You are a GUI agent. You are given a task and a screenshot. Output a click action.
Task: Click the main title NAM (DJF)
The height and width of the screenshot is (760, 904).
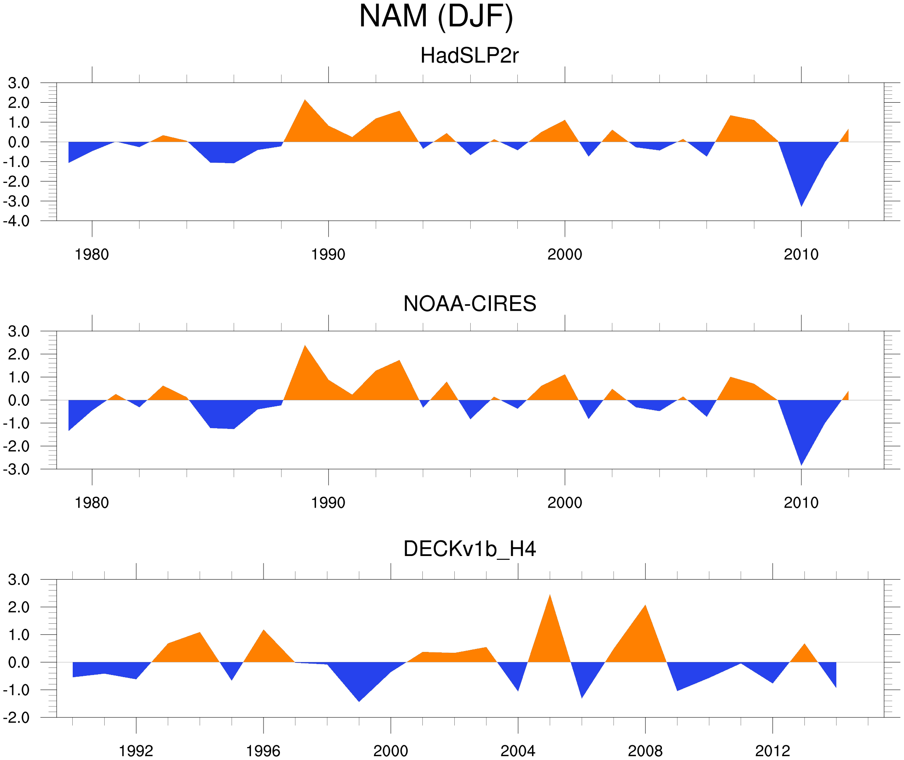point(436,16)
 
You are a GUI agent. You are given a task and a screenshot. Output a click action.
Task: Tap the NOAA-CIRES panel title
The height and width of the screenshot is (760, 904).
point(469,304)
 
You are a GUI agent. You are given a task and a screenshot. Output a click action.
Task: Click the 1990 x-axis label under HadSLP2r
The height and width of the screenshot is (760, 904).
point(328,254)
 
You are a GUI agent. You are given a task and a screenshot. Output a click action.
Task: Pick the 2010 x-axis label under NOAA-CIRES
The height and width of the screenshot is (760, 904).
point(801,503)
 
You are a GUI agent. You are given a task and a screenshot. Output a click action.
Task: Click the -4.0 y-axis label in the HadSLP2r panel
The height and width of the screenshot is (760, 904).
point(16,221)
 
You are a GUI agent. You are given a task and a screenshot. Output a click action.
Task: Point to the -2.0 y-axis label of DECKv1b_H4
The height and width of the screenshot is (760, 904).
point(16,718)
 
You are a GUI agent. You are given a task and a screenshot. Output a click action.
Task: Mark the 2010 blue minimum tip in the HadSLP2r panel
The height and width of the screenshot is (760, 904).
point(801,206)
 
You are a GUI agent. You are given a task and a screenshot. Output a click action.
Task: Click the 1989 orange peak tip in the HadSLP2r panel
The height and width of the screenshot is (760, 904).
point(305,100)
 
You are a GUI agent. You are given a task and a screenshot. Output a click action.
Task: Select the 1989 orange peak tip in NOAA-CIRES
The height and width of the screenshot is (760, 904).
point(305,346)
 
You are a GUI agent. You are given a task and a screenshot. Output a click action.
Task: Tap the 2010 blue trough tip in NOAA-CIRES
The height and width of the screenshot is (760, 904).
point(801,465)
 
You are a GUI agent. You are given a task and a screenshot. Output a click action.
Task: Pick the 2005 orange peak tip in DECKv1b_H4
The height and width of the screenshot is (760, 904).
point(550,595)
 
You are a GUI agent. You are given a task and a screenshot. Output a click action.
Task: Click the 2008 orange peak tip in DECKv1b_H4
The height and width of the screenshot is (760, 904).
point(645,605)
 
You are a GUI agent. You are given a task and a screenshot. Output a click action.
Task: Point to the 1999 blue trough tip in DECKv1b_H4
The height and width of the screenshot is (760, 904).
point(359,702)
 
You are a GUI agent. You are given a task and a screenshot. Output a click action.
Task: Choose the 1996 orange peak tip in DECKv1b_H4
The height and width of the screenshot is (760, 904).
point(264,630)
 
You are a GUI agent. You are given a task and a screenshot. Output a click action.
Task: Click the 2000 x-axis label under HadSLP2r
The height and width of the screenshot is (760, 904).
point(564,254)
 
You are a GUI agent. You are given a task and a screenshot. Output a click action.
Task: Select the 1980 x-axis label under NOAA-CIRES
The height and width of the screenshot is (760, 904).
point(92,503)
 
